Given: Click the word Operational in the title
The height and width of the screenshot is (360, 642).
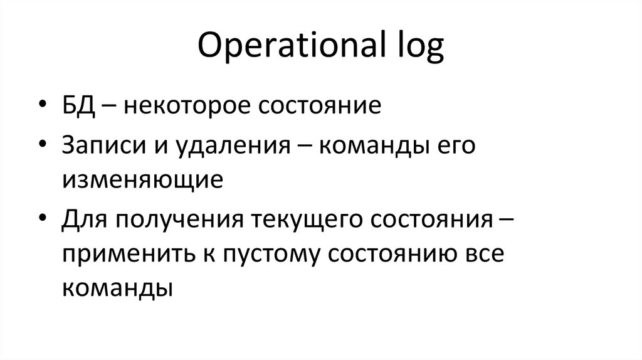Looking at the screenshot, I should tap(287, 47).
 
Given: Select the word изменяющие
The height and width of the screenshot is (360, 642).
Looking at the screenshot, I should tap(142, 180).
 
